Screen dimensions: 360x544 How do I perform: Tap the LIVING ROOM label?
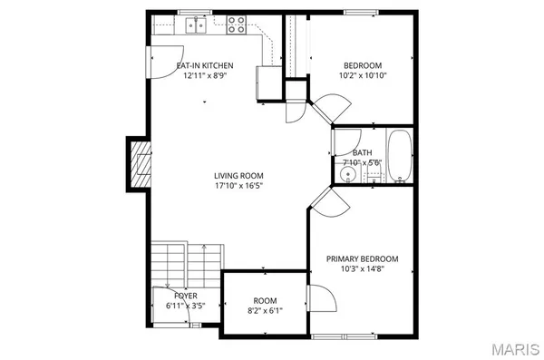pyautogui.click(x=238, y=175)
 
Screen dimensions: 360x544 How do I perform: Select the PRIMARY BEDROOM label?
pyautogui.click(x=362, y=258)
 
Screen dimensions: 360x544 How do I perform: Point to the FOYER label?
pyautogui.click(x=185, y=296)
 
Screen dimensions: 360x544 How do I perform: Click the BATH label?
pyautogui.click(x=362, y=152)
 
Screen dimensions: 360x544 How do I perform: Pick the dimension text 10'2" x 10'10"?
pyautogui.click(x=362, y=75)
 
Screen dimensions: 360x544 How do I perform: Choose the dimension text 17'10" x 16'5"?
pyautogui.click(x=238, y=186)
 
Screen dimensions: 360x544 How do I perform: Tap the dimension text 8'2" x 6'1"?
pyautogui.click(x=265, y=310)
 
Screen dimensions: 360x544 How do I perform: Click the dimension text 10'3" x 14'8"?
pyautogui.click(x=362, y=268)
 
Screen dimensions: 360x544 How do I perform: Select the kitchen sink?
pyautogui.click(x=197, y=26)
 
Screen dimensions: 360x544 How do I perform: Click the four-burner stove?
pyautogui.click(x=237, y=24)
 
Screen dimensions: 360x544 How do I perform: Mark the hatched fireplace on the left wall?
pyautogui.click(x=139, y=165)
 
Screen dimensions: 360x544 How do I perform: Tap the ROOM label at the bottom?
pyautogui.click(x=265, y=300)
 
